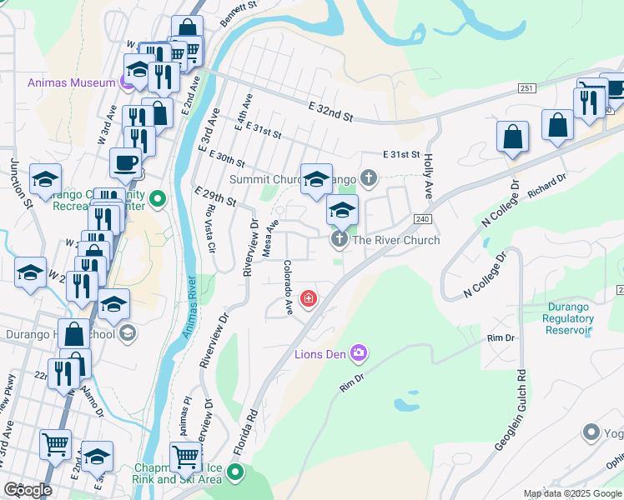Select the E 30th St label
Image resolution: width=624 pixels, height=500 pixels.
[x=221, y=152]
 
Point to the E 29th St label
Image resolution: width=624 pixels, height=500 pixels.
[x=214, y=197]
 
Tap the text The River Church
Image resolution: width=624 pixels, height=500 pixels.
[x=395, y=240]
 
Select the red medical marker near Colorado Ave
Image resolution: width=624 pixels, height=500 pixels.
[x=309, y=297]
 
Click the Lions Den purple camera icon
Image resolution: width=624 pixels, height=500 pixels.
[x=359, y=354]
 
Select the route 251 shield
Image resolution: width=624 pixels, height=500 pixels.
[x=526, y=88]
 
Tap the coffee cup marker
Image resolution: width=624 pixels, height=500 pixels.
[x=125, y=162]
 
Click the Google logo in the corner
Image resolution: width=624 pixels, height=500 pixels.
[x=28, y=490]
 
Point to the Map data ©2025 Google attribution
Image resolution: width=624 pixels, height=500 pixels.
[x=572, y=493]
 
